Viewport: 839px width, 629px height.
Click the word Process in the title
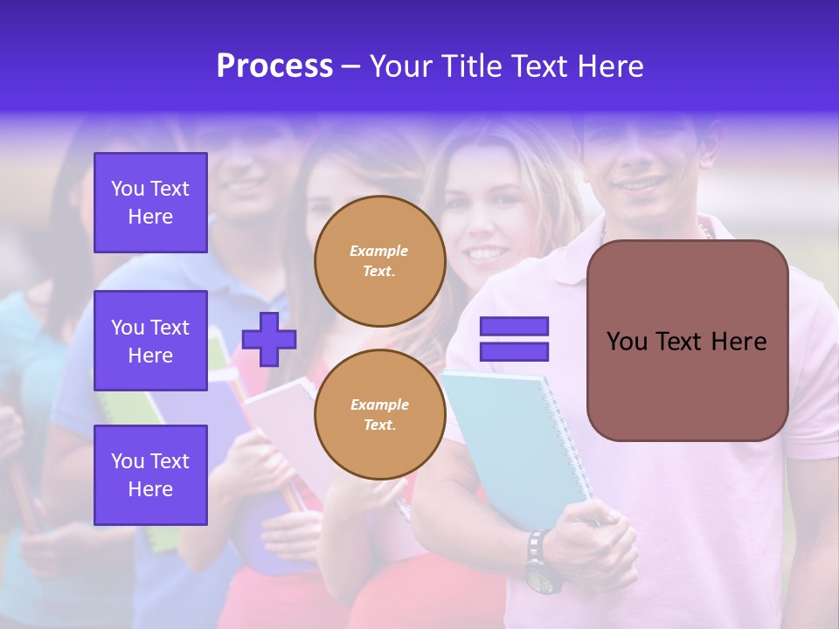coord(274,66)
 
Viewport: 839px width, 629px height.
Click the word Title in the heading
coord(471,66)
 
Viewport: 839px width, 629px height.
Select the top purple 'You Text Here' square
coord(150,203)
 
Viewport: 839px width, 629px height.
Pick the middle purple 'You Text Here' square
coord(150,341)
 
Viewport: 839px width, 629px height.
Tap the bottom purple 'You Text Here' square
coord(150,474)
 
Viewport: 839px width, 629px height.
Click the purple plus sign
coord(269,339)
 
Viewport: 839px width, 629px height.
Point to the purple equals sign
coord(514,339)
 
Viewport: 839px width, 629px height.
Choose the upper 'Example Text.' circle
coord(379,261)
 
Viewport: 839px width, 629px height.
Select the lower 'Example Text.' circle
coord(379,415)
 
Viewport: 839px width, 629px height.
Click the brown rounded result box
coord(687,341)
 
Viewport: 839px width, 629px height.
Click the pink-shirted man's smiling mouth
coord(643,185)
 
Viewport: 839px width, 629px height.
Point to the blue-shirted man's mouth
coord(244,184)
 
